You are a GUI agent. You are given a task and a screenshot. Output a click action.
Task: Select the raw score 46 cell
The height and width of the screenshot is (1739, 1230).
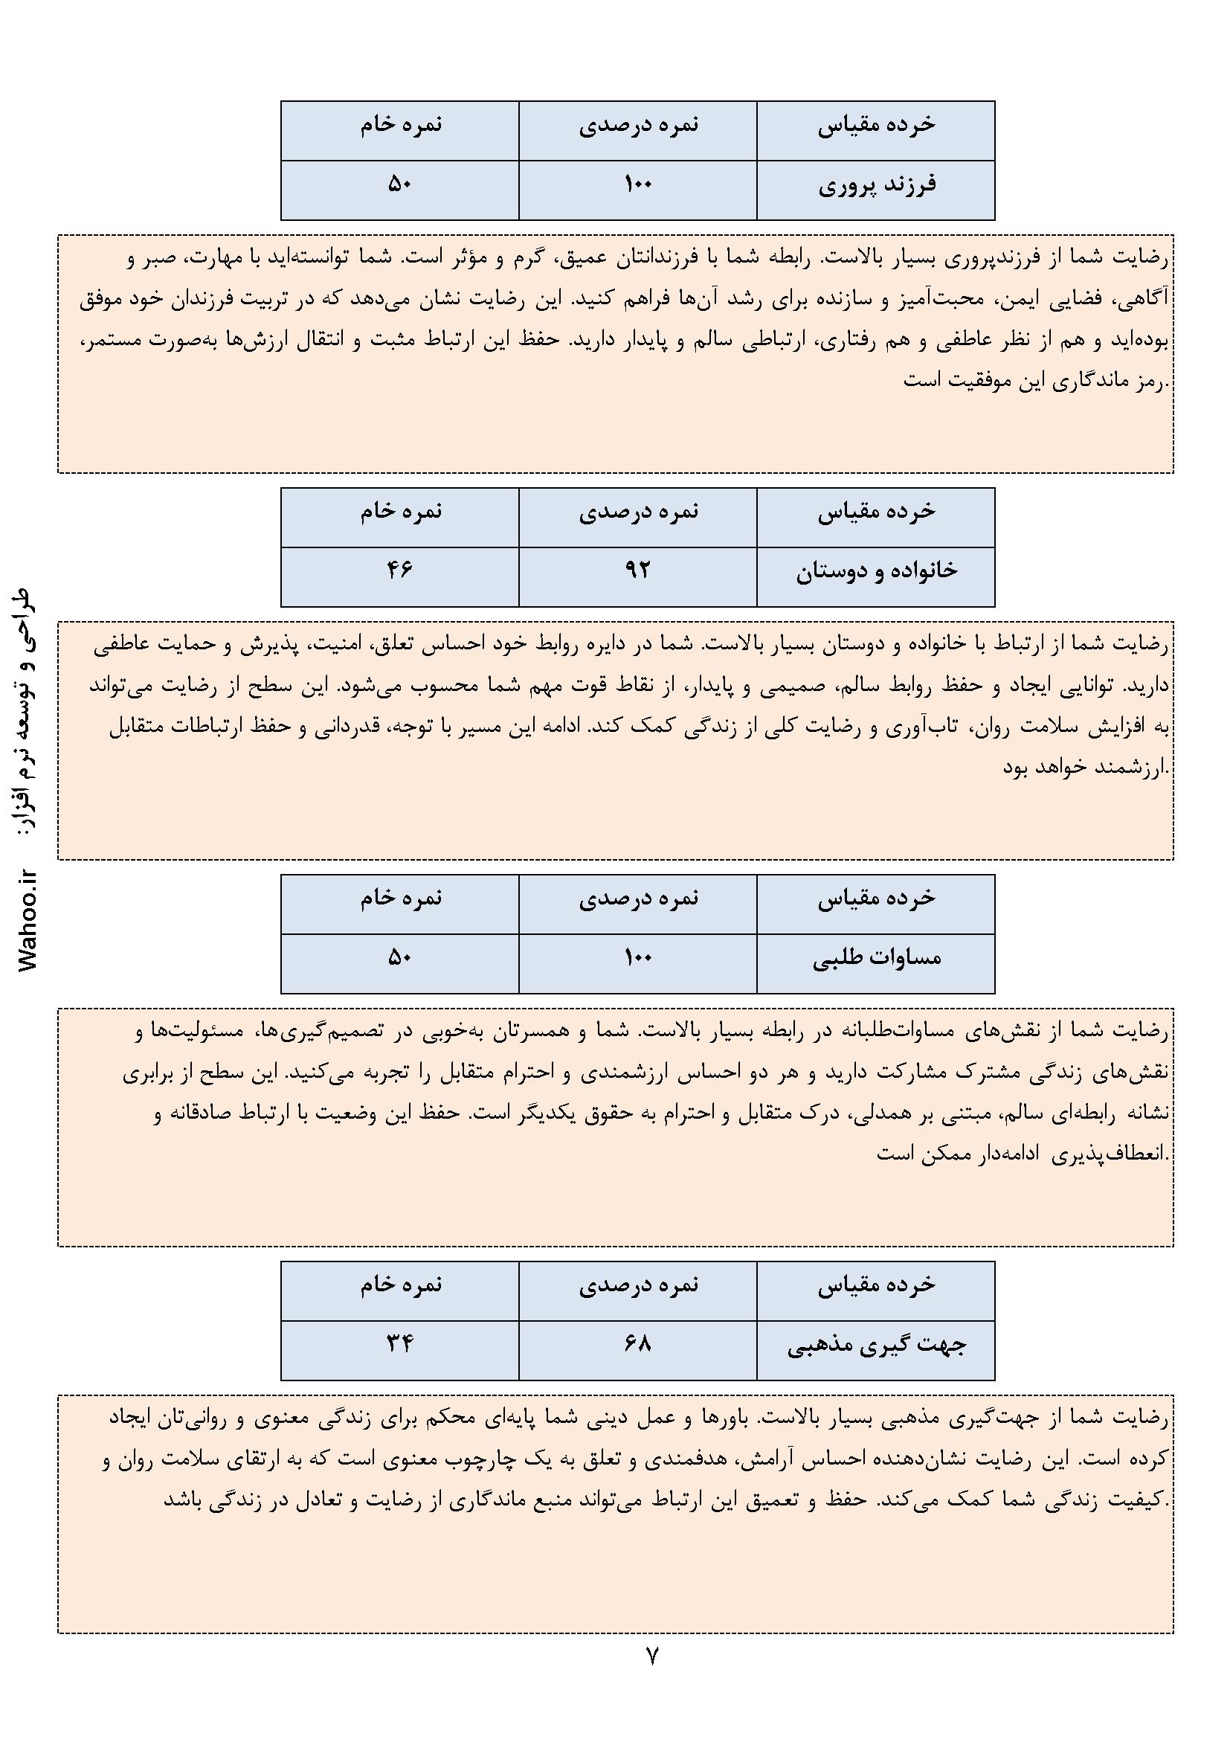point(400,570)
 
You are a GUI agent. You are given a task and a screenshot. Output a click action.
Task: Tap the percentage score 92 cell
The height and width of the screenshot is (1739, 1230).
point(638,570)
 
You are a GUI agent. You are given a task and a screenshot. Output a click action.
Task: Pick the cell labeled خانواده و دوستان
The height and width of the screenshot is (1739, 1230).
point(876,571)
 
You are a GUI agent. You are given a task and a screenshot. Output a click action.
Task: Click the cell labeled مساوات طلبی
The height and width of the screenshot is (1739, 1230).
point(876,958)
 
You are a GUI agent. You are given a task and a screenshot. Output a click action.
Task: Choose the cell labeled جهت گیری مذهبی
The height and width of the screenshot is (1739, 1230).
point(876,1345)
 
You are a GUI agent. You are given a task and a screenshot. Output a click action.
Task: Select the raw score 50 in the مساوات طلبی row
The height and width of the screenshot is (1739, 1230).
point(400,957)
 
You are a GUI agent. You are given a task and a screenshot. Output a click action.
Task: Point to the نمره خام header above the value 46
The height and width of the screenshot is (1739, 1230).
point(400,512)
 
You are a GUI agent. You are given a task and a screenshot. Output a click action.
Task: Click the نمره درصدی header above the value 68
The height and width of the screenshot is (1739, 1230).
point(638,1285)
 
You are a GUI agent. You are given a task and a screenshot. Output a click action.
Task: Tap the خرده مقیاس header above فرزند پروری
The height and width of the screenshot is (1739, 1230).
point(876,125)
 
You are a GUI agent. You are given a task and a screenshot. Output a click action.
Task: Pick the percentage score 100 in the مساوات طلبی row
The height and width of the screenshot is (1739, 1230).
point(638,957)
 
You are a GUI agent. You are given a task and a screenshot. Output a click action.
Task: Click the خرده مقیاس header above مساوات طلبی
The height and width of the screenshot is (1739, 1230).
point(876,899)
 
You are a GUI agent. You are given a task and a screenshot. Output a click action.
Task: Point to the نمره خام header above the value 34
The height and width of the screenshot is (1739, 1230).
point(400,1285)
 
